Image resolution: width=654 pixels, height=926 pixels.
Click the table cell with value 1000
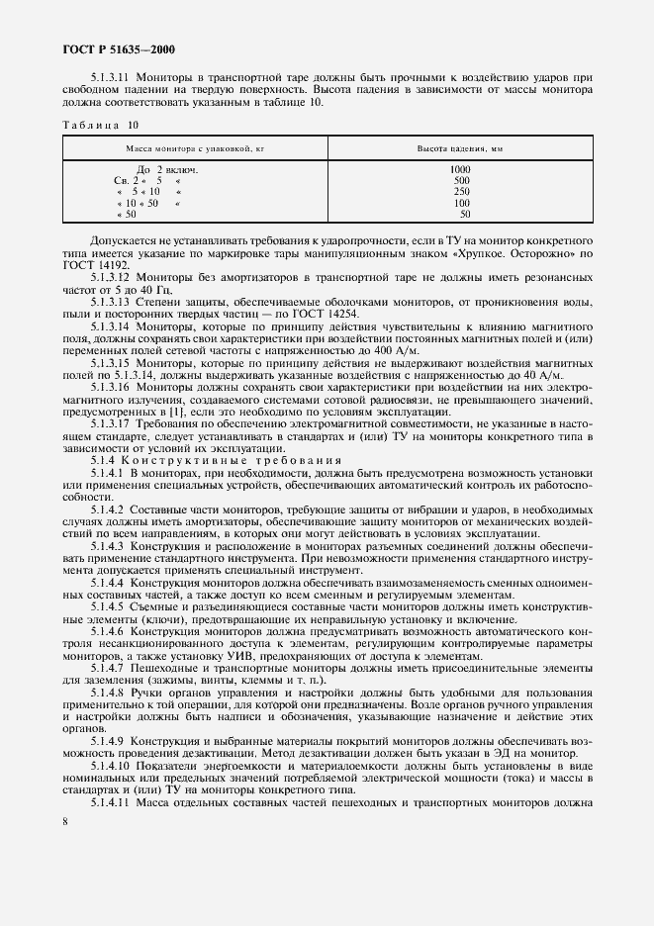coord(461,170)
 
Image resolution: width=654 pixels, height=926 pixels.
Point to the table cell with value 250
coord(461,192)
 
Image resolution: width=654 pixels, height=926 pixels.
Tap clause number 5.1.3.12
coord(113,278)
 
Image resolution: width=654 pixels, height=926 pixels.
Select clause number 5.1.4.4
coord(108,584)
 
